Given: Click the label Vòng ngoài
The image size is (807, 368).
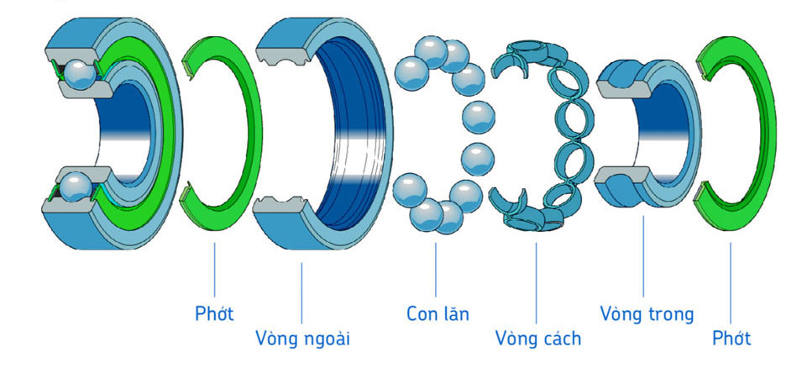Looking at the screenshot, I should [x=302, y=339].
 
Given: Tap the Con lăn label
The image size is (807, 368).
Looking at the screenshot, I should [x=438, y=314].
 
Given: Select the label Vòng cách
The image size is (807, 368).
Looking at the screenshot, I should [x=537, y=339].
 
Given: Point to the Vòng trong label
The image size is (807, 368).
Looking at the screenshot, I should [x=647, y=314].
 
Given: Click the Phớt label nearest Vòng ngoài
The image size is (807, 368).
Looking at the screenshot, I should [x=214, y=314].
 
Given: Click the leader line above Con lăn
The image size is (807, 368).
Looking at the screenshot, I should [x=437, y=269].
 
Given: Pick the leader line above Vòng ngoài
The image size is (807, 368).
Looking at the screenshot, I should [x=302, y=294].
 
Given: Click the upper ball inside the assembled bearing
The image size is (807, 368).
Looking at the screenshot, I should [x=81, y=74].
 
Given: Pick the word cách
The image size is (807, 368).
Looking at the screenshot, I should [x=559, y=339].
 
